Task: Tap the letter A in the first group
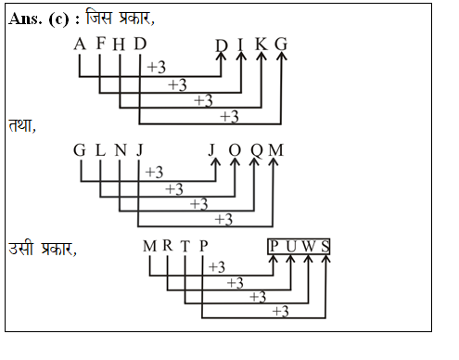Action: click(x=80, y=45)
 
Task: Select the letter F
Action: click(x=100, y=45)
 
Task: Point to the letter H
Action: click(x=120, y=45)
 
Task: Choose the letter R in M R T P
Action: click(x=168, y=246)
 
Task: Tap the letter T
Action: click(x=185, y=246)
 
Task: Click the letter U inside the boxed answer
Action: click(x=292, y=246)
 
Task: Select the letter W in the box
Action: click(x=310, y=246)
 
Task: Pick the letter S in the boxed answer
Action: click(x=325, y=246)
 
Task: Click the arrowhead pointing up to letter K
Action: click(x=261, y=58)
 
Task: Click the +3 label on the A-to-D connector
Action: click(x=156, y=68)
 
